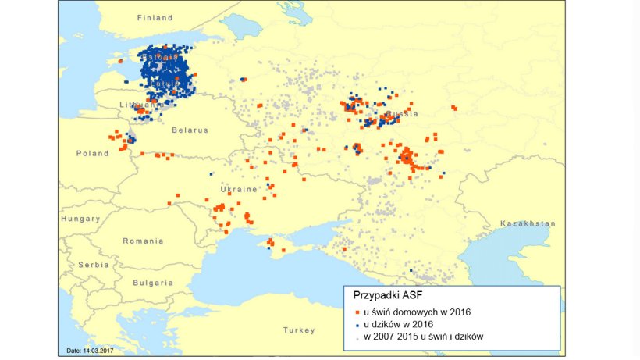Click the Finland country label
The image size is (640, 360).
pos(155,17)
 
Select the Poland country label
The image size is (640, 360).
pos(92,154)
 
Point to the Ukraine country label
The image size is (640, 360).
pos(239,190)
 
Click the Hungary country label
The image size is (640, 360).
pos(80,219)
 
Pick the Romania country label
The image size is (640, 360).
pos(143,241)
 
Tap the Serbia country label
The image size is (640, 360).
pos(93,265)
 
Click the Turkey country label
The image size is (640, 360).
pos(299,330)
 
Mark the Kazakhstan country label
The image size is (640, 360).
pos(528,223)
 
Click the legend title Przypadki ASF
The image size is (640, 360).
pos(389,296)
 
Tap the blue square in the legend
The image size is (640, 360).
pos(358,324)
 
